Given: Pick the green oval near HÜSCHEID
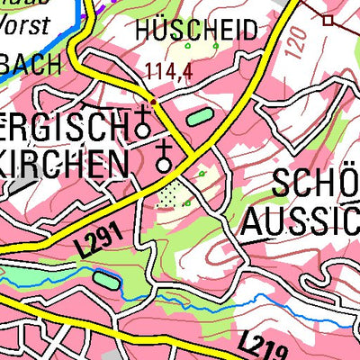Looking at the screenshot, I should [197, 116].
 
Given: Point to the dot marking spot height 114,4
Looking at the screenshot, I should [154, 100].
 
